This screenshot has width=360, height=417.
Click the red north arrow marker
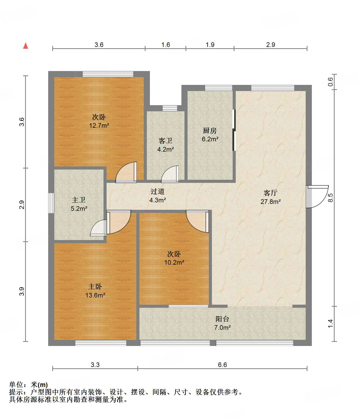click(x=26, y=46)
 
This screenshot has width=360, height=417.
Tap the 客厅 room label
click(x=271, y=197)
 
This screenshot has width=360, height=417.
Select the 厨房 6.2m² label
click(x=210, y=135)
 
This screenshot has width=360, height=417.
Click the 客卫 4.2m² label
click(x=166, y=145)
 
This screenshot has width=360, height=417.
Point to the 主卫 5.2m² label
click(x=79, y=204)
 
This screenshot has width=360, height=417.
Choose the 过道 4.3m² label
click(x=157, y=195)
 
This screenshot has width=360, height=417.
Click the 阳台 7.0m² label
click(x=222, y=323)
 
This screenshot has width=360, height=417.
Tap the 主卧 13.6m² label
click(x=95, y=291)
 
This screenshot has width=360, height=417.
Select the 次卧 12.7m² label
click(x=99, y=121)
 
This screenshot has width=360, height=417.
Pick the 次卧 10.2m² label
click(x=174, y=258)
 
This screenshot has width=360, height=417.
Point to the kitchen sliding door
click(x=234, y=130)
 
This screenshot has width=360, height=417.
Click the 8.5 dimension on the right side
click(x=331, y=197)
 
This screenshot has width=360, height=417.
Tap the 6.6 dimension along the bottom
click(x=222, y=365)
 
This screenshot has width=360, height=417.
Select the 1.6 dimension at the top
click(x=166, y=45)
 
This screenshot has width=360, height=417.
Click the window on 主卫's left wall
click(x=51, y=203)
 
